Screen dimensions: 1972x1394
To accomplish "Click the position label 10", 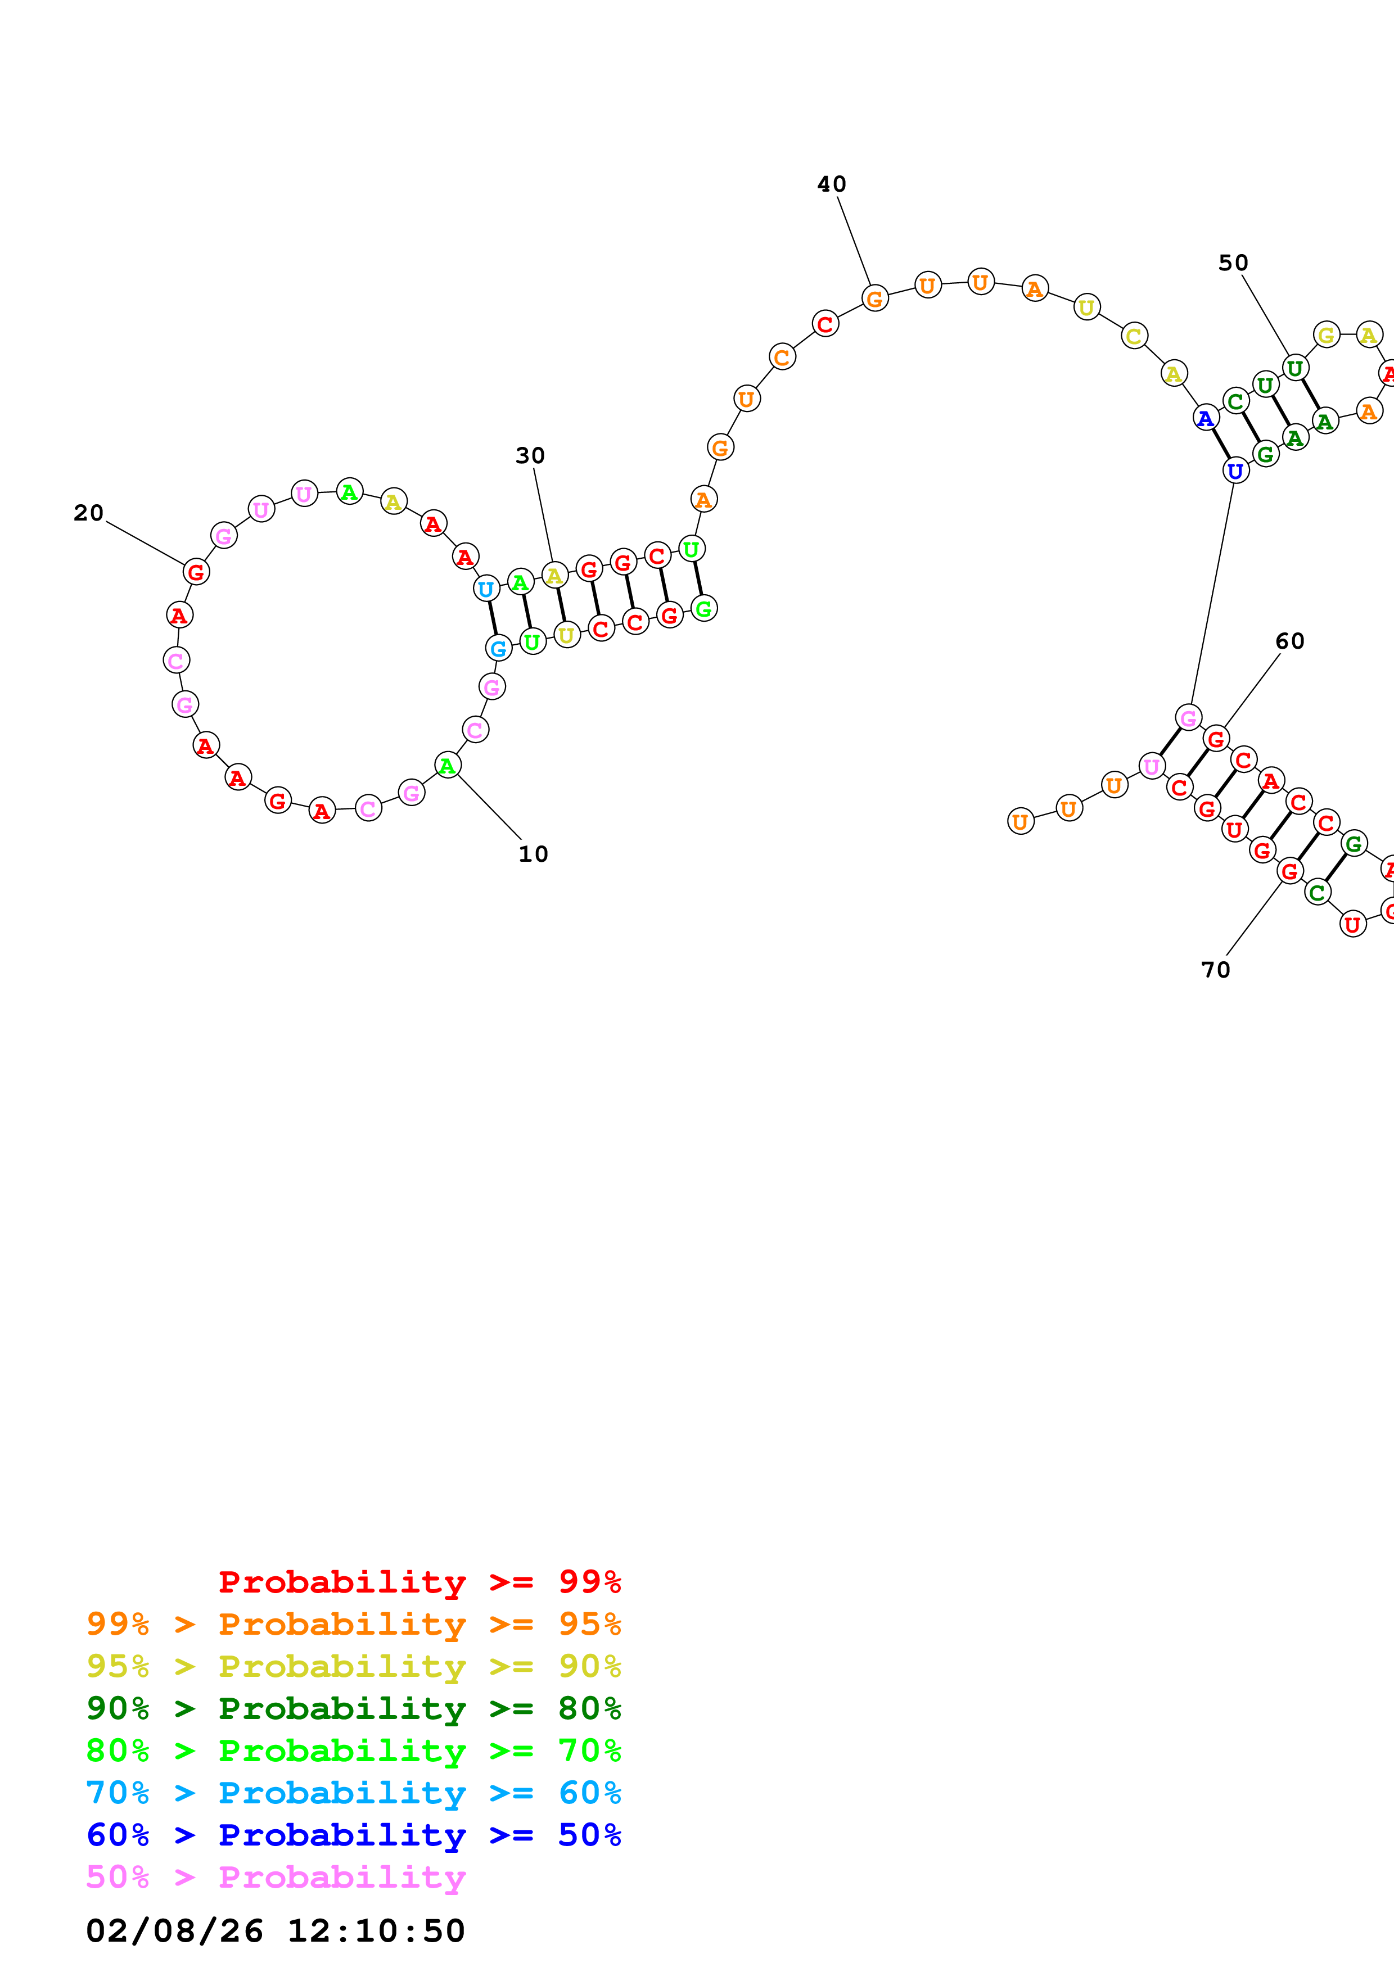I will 533,854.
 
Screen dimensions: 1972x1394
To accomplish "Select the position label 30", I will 530,455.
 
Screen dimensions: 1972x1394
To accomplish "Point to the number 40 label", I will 832,184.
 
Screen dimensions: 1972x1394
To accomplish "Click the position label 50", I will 1233,263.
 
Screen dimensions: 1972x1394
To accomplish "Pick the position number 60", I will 1289,641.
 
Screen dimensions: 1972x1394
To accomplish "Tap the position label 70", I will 1215,970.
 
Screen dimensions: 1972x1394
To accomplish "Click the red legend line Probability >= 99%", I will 419,1581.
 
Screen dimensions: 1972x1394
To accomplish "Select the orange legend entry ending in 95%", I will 353,1623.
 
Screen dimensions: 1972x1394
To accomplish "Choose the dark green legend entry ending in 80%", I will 353,1707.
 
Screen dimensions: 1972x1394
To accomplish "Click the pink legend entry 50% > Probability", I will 275,1876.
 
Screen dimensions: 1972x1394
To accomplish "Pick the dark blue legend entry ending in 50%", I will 353,1835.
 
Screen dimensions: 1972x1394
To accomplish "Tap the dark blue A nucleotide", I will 1206,418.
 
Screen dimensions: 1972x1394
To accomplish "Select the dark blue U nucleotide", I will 1235,471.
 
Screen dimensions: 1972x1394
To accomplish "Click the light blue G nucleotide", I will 498,649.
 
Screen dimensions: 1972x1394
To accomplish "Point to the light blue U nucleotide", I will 486,589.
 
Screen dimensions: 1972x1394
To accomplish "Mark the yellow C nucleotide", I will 1134,336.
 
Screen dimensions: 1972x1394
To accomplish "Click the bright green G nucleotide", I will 703,609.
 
